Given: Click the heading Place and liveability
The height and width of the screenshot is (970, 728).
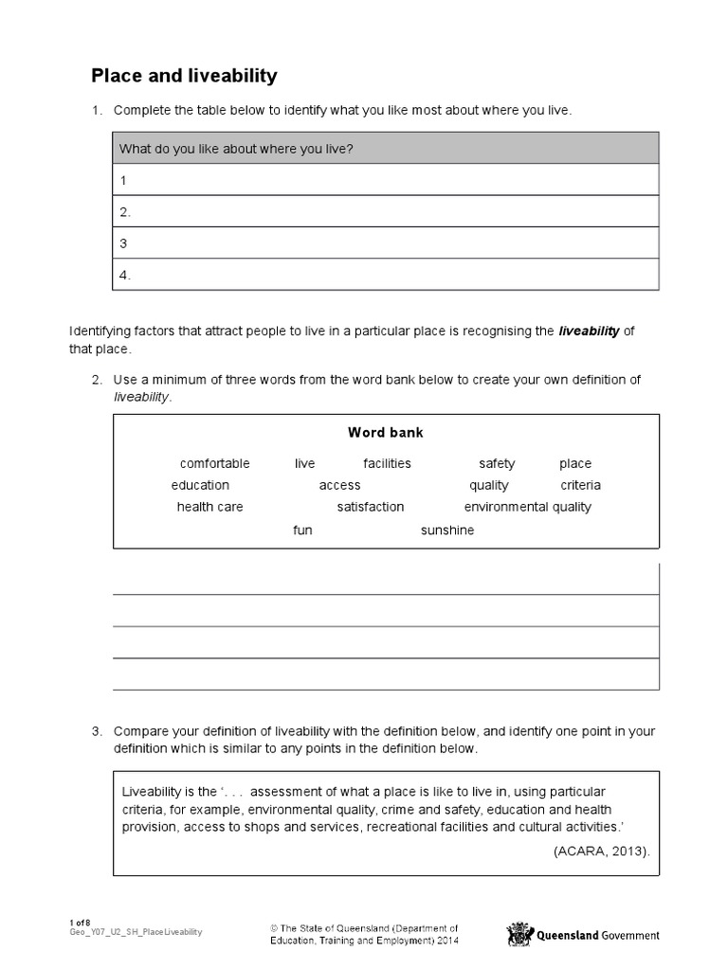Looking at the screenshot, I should coord(184,75).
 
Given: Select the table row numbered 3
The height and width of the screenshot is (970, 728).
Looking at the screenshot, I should coord(386,242).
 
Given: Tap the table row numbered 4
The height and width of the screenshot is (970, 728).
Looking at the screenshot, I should coord(386,275).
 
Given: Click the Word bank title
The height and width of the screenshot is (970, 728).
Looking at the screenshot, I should coord(386,432).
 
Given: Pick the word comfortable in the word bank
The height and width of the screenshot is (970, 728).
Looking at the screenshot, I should coord(215,463).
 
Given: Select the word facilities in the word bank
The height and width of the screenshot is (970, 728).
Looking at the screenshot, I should coord(387,463).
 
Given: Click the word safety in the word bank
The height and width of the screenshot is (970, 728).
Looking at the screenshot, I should coord(497,463).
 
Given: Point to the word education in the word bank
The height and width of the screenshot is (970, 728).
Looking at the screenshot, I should coord(200,485).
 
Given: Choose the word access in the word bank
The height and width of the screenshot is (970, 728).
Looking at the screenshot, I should coord(339,485).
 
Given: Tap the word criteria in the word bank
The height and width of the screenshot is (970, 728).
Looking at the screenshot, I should coord(580,485).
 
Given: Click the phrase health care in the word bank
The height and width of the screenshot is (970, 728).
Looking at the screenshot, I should coord(209,507).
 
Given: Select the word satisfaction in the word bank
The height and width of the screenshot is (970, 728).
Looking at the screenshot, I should coord(371,507).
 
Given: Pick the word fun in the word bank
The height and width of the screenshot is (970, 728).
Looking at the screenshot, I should coord(302,530).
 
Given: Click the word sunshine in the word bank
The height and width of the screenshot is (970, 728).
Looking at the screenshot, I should coord(447,530).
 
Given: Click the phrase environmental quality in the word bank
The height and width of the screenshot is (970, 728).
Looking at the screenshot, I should coord(527,507).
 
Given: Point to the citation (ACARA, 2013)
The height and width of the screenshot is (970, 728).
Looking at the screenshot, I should coord(602,851).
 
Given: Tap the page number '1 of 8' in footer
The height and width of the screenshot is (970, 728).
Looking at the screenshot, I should coord(80,923).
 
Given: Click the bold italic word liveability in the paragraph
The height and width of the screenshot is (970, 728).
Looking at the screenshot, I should coord(589,331).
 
